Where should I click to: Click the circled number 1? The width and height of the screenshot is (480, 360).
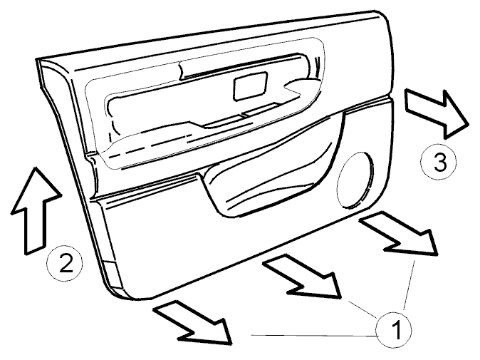[x=394, y=330]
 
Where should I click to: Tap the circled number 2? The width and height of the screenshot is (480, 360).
[x=65, y=263]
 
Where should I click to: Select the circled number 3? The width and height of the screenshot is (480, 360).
[x=439, y=162]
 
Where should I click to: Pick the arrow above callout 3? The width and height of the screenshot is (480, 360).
[x=437, y=113]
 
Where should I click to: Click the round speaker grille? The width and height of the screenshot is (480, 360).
[x=355, y=179]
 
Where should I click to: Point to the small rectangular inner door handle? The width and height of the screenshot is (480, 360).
[x=250, y=86]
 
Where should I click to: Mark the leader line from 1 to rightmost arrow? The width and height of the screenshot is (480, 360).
[x=409, y=285]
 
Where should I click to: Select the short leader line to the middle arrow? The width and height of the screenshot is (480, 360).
[x=363, y=309]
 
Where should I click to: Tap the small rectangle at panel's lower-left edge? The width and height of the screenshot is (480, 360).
[x=113, y=275]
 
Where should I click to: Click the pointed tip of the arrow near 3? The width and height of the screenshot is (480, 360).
[x=469, y=124]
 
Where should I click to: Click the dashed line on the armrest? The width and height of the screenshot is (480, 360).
[x=150, y=146]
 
